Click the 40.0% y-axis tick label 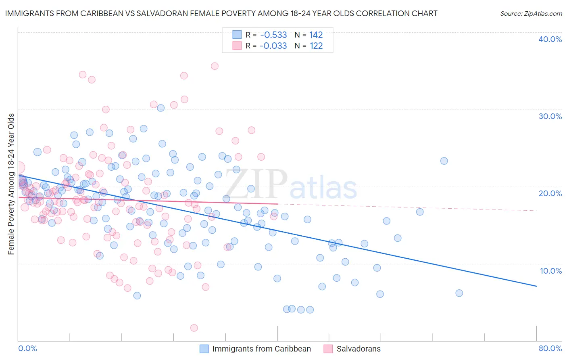tap(550, 39)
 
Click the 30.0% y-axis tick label tap(550, 116)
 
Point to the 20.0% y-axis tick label tap(550, 193)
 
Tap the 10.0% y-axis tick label tap(551, 270)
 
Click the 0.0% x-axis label tap(27, 348)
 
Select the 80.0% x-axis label tap(550, 348)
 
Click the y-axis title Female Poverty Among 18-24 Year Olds tap(11, 184)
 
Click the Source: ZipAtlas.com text tap(531, 14)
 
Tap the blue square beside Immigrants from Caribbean tap(204, 349)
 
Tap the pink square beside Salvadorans tap(328, 349)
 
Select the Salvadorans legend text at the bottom tap(359, 349)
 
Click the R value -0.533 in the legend tap(273, 35)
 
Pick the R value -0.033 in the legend tap(273, 46)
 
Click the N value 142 tap(316, 35)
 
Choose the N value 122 tap(316, 46)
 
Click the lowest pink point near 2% tap(194, 328)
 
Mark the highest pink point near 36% tap(215, 66)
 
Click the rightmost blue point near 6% tap(459, 293)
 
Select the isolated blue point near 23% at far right tap(444, 161)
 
